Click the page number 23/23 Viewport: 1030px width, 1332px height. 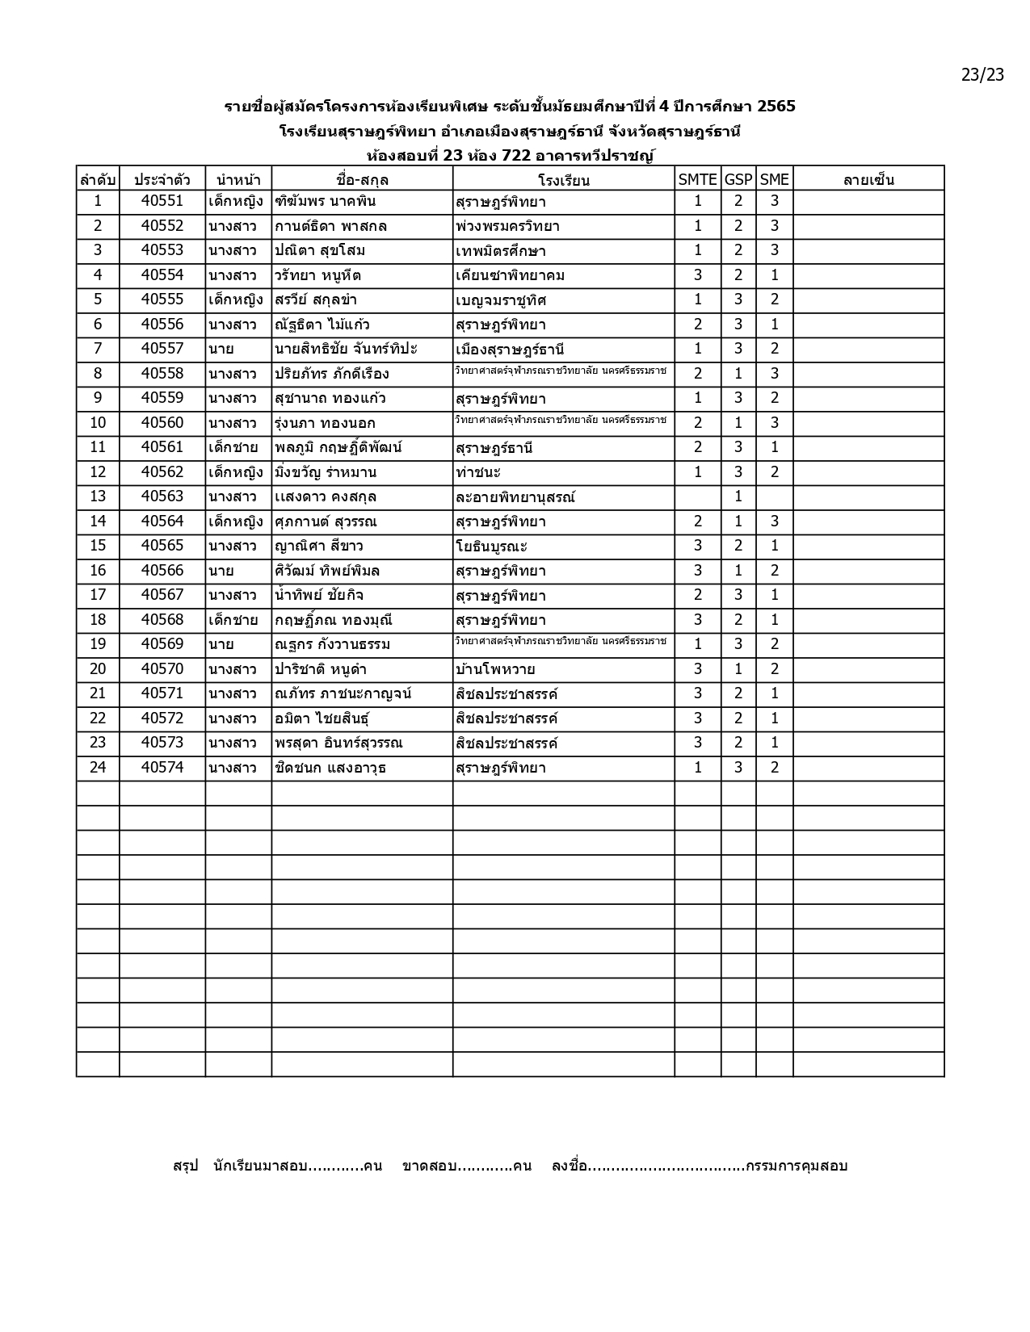(x=982, y=75)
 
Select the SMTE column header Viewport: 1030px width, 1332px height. (x=697, y=179)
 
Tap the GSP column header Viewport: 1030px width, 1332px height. (x=738, y=179)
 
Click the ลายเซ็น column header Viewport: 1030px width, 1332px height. (x=868, y=179)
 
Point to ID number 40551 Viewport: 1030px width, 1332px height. (x=162, y=201)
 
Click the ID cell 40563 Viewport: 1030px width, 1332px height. (x=162, y=496)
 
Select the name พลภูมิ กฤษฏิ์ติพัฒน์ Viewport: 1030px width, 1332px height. (x=338, y=447)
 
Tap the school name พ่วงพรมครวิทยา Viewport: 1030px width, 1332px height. (x=507, y=226)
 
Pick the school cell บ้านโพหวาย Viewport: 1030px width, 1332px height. (x=494, y=669)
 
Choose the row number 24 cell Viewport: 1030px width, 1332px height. (x=98, y=768)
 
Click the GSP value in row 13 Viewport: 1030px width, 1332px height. (x=738, y=496)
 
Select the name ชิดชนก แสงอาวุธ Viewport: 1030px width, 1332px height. (x=330, y=768)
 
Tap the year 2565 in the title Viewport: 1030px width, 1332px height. (x=776, y=106)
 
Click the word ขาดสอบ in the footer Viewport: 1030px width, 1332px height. (x=429, y=1166)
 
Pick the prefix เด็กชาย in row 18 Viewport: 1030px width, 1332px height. (x=233, y=620)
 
